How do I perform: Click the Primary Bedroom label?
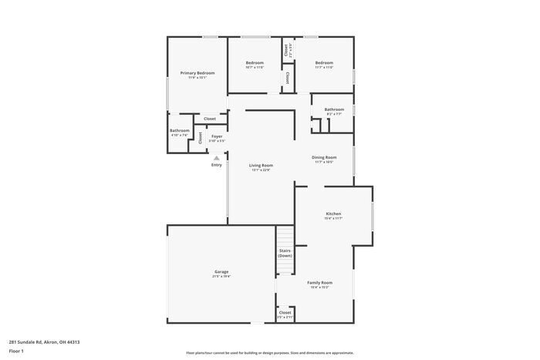pyautogui.click(x=197, y=72)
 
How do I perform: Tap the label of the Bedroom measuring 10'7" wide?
pyautogui.click(x=255, y=62)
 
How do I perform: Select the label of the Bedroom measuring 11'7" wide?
pyautogui.click(x=324, y=62)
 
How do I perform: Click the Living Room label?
pyautogui.click(x=261, y=165)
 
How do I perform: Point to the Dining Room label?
pyautogui.click(x=324, y=157)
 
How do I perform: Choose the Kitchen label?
pyautogui.click(x=333, y=214)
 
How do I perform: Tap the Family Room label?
pyautogui.click(x=319, y=282)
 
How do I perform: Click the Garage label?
pyautogui.click(x=221, y=271)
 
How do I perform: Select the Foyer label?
pyautogui.click(x=217, y=136)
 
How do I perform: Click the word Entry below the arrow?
pyautogui.click(x=217, y=164)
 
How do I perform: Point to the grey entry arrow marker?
pyautogui.click(x=217, y=157)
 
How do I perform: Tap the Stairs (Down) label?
pyautogui.click(x=285, y=253)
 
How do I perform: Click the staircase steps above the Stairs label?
pyautogui.click(x=285, y=235)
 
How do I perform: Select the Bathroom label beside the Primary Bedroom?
pyautogui.click(x=180, y=130)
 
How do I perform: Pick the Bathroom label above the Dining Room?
pyautogui.click(x=334, y=109)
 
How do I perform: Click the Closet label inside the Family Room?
pyautogui.click(x=285, y=312)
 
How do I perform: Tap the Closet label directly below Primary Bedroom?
pyautogui.click(x=210, y=119)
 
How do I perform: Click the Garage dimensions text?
pyautogui.click(x=221, y=276)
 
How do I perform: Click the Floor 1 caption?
pyautogui.click(x=17, y=351)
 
